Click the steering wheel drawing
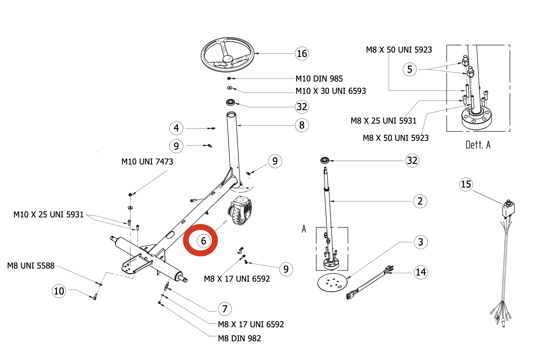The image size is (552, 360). pos(227,55)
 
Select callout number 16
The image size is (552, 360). pos(302,53)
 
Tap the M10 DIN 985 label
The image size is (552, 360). pos(319,79)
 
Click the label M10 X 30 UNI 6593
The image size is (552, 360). pos(330,91)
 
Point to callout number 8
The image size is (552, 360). pos(302,125)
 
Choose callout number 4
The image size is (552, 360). pos(176,128)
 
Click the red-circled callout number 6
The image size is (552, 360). pos(203,241)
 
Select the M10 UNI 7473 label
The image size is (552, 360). pos(147,162)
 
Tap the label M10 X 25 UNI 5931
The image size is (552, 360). pos(49,214)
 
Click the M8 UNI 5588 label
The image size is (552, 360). pos(31,266)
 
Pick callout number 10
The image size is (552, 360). pos(59,291)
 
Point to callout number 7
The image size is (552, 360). pos(225,309)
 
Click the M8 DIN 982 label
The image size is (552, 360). pos(239,338)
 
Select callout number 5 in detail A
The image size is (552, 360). pos(410,70)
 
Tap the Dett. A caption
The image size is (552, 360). pos(478,145)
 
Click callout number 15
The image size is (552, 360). pos(466,184)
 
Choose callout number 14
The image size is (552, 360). pos(421,272)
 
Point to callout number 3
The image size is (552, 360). pos(420,242)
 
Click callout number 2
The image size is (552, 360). pos(420,201)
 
